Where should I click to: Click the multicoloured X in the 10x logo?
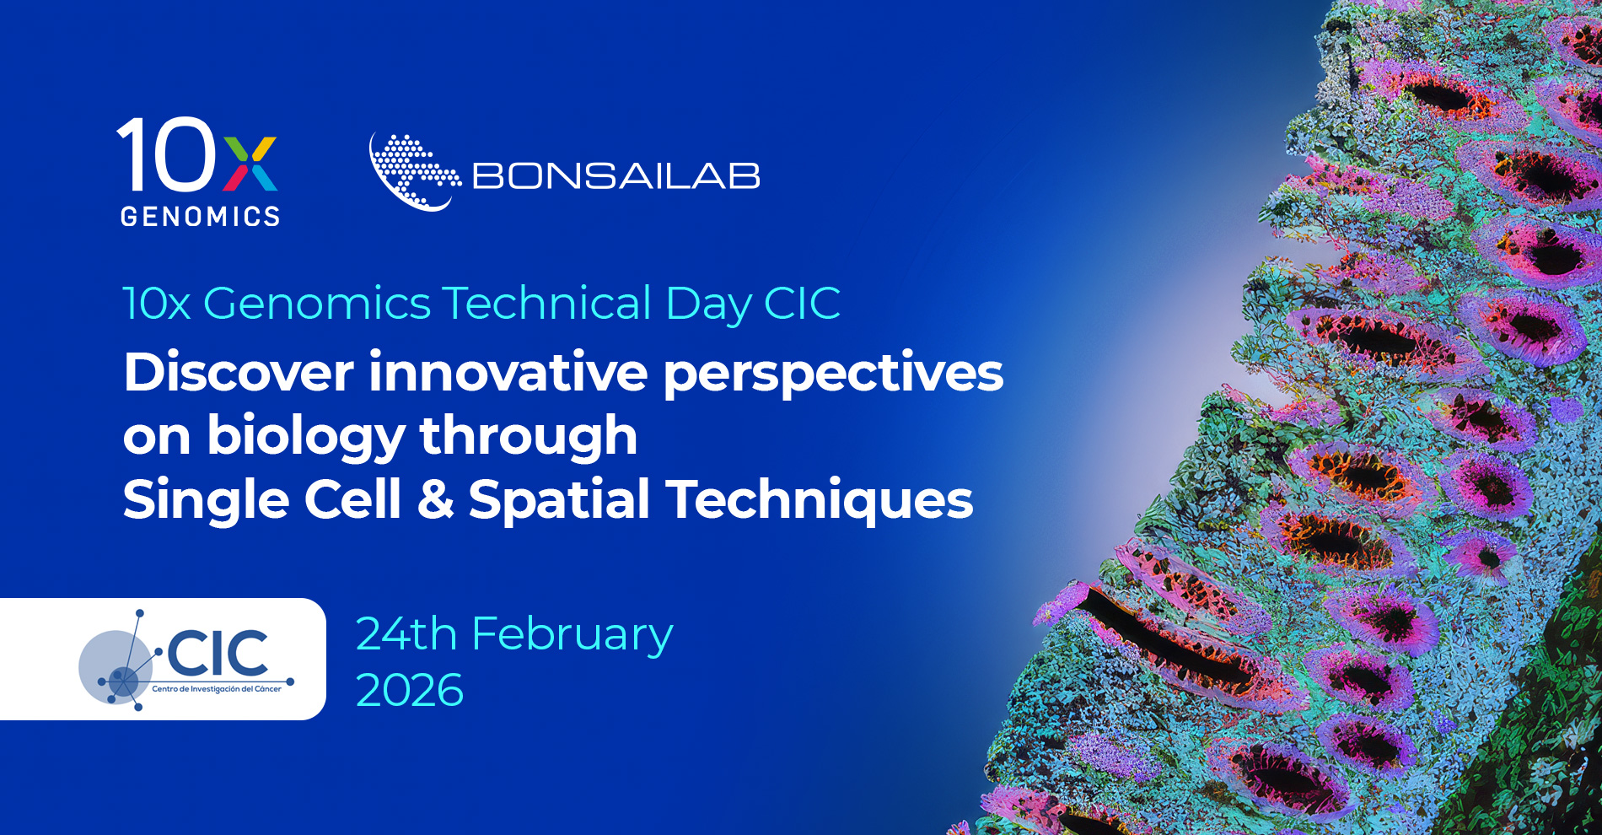pyautogui.click(x=250, y=164)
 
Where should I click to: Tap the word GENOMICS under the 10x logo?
pyautogui.click(x=200, y=217)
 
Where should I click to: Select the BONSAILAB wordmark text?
pyautogui.click(x=616, y=176)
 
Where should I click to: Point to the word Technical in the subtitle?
pyautogui.click(x=546, y=303)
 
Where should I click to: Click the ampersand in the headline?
pyautogui.click(x=435, y=499)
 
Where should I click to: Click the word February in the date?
pyautogui.click(x=573, y=636)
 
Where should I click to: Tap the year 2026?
pyautogui.click(x=410, y=691)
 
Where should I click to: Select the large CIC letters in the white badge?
pyautogui.click(x=218, y=653)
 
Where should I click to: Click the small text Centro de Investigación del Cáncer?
pyautogui.click(x=217, y=689)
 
